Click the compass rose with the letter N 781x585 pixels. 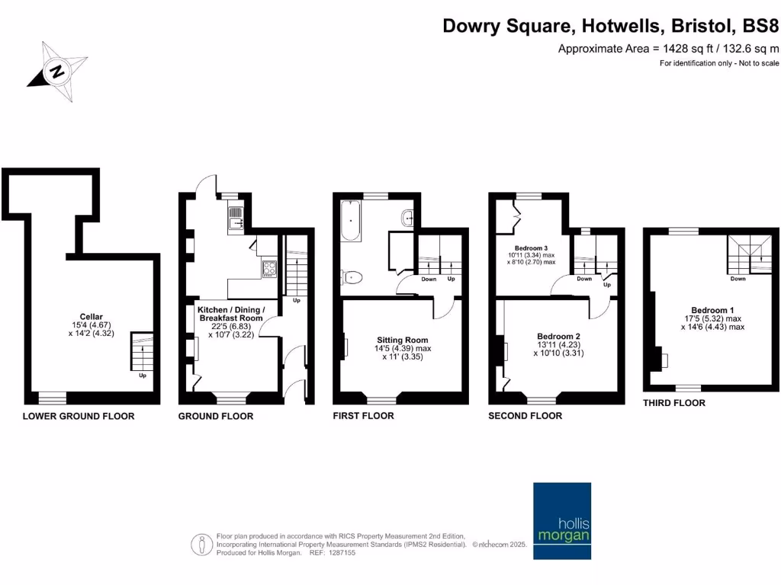tap(56, 72)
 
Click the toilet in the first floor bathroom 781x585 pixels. tap(352, 277)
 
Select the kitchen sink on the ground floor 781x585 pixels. tap(235, 217)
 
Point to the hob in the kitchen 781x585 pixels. tap(269, 268)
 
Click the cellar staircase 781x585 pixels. tap(141, 351)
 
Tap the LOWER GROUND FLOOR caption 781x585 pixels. tap(79, 416)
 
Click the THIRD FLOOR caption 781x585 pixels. tap(674, 403)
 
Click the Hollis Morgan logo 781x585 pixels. tap(561, 511)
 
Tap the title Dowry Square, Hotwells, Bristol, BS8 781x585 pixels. tap(612, 27)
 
